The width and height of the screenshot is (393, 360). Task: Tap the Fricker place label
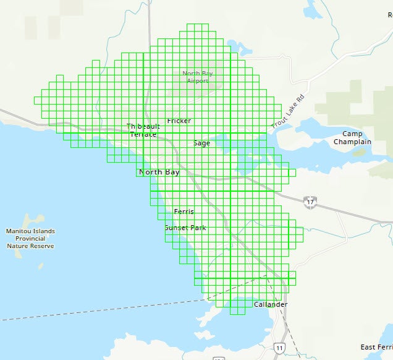point(179,121)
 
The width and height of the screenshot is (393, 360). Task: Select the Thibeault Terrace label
point(142,130)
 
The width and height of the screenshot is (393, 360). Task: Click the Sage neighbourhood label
point(201,143)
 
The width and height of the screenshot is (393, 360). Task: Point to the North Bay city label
point(159,172)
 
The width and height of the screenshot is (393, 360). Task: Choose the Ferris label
point(184,212)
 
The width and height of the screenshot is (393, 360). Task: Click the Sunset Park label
point(185,228)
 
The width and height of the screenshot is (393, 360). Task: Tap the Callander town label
point(270,305)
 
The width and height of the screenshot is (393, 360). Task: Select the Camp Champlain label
point(352,138)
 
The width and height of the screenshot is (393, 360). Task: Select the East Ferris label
point(376,347)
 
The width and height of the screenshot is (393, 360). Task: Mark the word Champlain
point(352,142)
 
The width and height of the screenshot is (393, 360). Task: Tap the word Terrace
point(143,134)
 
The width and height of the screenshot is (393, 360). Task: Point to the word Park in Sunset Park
point(198,228)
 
